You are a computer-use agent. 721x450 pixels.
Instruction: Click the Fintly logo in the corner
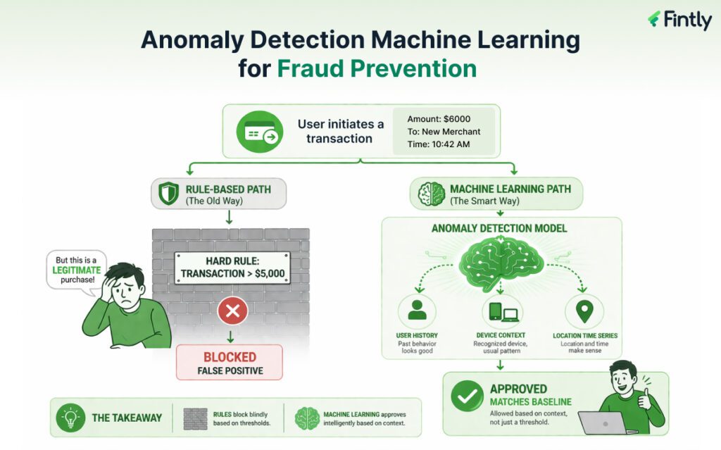(x=679, y=20)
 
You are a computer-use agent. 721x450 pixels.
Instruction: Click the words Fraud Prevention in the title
(x=377, y=68)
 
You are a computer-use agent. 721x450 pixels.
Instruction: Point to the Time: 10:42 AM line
(x=439, y=144)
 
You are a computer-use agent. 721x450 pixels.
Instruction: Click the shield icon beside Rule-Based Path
(x=168, y=194)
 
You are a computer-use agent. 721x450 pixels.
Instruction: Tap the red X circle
(x=232, y=310)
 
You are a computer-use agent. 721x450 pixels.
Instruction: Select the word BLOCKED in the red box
(x=230, y=356)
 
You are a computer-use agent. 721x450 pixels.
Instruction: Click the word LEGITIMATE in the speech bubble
(x=79, y=270)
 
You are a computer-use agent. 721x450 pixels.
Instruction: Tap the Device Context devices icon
(x=501, y=312)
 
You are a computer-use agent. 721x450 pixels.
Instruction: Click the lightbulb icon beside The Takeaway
(x=70, y=418)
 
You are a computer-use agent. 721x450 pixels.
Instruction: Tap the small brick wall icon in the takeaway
(x=195, y=418)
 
